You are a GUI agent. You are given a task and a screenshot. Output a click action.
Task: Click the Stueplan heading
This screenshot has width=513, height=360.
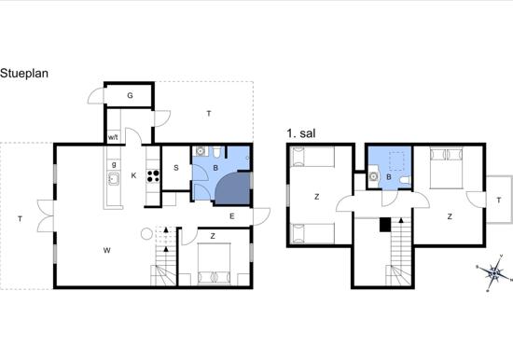coord(24,74)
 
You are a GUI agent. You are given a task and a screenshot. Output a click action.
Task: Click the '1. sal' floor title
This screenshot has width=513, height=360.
coord(301,133)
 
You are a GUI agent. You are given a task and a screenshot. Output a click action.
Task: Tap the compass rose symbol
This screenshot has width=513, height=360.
coord(494,272)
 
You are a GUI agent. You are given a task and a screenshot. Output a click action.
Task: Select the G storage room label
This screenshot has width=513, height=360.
coord(130,95)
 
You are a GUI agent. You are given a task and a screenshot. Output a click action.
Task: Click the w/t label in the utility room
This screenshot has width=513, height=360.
coord(113,137)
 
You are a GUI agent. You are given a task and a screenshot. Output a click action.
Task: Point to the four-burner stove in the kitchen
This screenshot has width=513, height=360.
coord(153,176)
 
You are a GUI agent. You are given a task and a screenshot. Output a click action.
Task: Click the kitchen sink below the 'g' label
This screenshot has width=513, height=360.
coord(114,179)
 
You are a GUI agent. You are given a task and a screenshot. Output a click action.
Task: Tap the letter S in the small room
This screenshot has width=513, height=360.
coord(176,168)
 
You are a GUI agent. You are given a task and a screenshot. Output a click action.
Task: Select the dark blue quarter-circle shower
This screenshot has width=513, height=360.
coord(233,188)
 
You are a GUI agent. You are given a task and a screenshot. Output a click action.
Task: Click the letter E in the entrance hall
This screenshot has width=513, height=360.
coord(232,216)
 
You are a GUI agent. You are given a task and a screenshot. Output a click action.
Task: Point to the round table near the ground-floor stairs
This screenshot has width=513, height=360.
coord(146,234)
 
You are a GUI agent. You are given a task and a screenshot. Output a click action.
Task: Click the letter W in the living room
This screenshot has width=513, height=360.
coord(106,250)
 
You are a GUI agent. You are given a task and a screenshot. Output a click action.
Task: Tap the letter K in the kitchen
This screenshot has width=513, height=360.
coord(133,175)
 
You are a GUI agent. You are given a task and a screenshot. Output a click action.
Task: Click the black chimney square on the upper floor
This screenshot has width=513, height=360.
coord(385,225)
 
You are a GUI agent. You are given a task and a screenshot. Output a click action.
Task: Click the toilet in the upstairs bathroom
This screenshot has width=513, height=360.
coord(406,180)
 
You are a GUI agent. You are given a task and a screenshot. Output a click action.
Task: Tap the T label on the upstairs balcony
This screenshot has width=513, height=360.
coord(499,201)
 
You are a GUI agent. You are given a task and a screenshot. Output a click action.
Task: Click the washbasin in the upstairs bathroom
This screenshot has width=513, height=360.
coord(374,176)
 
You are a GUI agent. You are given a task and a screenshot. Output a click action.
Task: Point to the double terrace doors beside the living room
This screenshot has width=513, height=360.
coord(46,216)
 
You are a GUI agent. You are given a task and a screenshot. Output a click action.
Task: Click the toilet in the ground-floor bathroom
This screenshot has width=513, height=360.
coord(216,152)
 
